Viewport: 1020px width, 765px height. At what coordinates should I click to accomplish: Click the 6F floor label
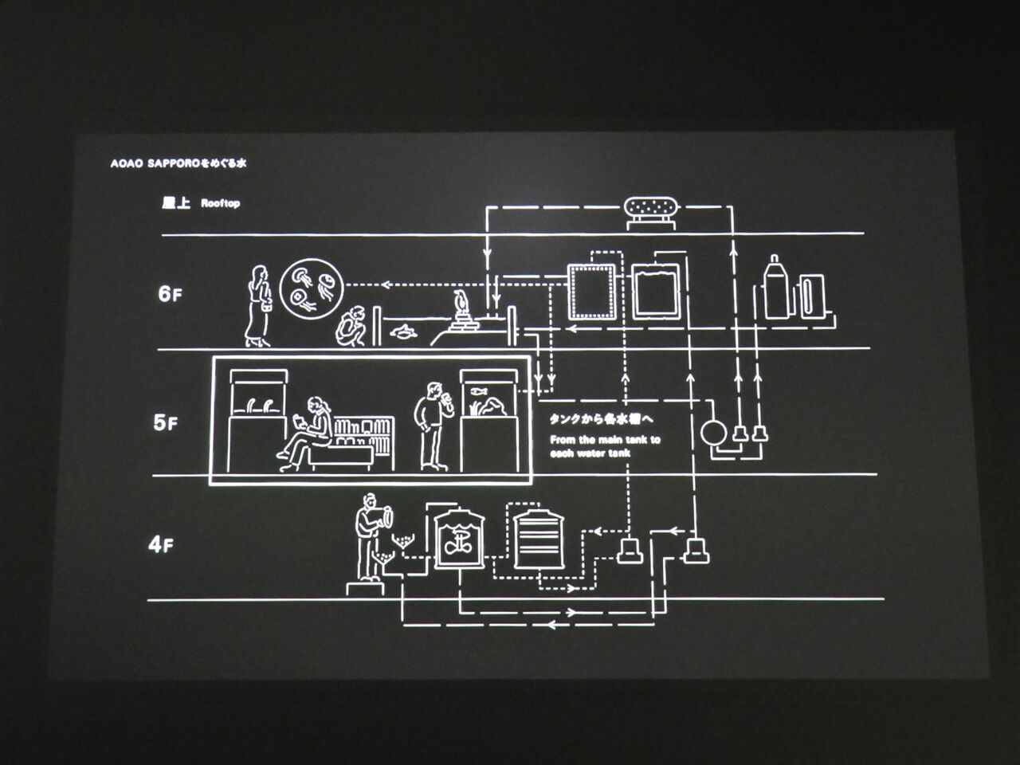(170, 294)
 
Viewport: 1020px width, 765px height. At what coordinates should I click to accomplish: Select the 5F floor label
(166, 422)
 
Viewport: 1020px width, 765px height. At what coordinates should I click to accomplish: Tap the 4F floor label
(161, 545)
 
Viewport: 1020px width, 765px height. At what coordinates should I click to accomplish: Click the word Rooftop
(220, 203)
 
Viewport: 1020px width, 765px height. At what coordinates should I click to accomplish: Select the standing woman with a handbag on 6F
(258, 306)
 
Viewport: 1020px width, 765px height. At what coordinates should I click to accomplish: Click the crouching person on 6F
(351, 326)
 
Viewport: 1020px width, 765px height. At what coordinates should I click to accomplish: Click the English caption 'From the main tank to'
(605, 439)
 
